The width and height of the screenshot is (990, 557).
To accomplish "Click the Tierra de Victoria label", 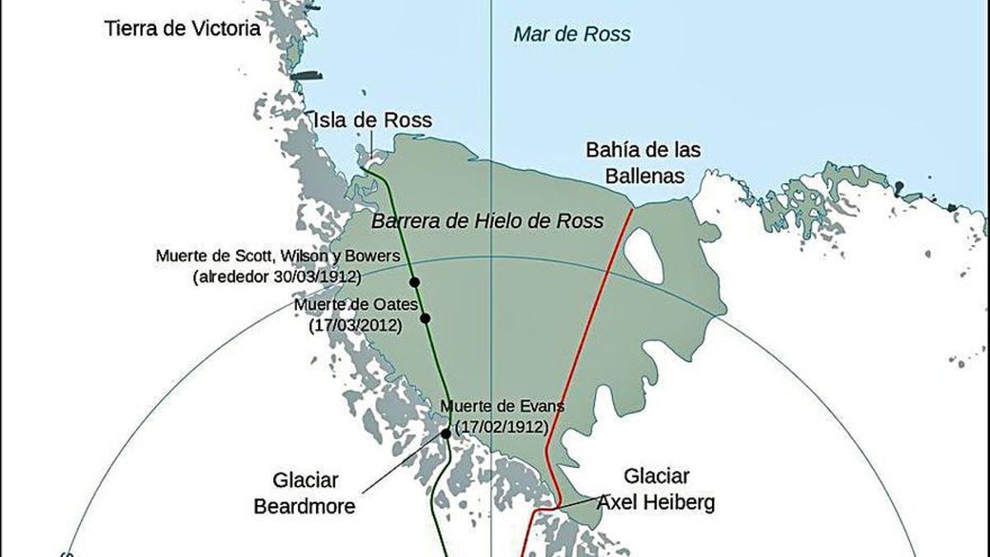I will pyautogui.click(x=182, y=30).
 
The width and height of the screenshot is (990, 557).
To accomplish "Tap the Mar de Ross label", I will pyautogui.click(x=572, y=35).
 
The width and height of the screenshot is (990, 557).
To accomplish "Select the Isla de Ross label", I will pyautogui.click(x=372, y=120).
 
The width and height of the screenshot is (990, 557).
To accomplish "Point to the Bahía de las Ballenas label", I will pyautogui.click(x=643, y=163).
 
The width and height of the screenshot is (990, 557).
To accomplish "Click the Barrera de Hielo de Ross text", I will pyautogui.click(x=487, y=221).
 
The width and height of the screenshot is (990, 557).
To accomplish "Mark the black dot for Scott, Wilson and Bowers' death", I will pyautogui.click(x=414, y=282).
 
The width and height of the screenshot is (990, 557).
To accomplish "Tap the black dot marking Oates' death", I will pyautogui.click(x=425, y=319).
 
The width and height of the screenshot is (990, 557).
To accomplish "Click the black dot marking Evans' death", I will pyautogui.click(x=445, y=433).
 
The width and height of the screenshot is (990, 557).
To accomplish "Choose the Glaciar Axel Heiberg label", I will pyautogui.click(x=656, y=489).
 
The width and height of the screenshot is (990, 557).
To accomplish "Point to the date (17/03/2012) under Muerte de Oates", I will pyautogui.click(x=356, y=326).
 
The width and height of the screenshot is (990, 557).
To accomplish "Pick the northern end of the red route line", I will pyautogui.click(x=633, y=210).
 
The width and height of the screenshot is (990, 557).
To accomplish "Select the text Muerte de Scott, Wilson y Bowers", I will pyautogui.click(x=278, y=257).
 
